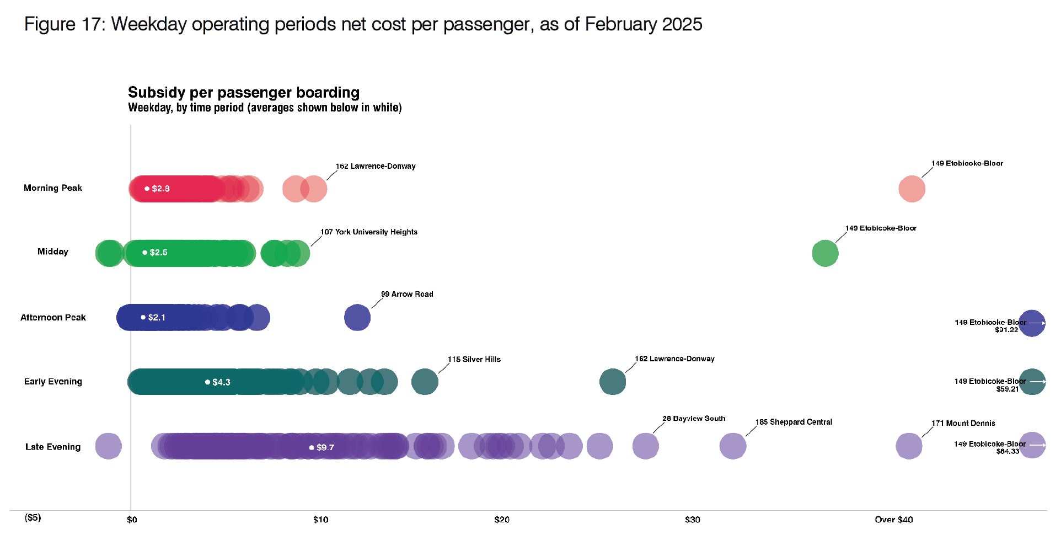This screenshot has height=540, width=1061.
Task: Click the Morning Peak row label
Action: [53, 188]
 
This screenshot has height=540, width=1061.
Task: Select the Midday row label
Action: [53, 252]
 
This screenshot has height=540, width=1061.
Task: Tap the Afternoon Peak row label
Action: [53, 318]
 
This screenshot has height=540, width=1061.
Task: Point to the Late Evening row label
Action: [53, 447]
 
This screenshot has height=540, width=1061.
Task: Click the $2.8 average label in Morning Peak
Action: [160, 189]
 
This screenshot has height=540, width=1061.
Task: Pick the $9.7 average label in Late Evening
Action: [325, 447]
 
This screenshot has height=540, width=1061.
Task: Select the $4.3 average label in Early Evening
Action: [221, 382]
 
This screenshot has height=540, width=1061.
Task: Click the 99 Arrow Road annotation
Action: [407, 294]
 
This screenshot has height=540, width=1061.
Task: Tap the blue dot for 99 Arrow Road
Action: [357, 318]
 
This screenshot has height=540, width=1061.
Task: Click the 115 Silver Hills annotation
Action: [474, 359]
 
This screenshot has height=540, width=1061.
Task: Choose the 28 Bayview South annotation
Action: [694, 419]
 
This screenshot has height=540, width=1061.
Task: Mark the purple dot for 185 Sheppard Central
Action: [733, 446]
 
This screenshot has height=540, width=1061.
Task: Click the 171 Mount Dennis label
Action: [963, 423]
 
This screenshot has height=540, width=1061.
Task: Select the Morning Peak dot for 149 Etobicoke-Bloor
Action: [912, 189]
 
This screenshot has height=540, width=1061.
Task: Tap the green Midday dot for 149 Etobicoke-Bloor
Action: [825, 254]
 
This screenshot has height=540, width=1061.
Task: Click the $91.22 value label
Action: [1006, 330]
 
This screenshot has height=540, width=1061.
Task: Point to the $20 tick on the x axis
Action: [502, 520]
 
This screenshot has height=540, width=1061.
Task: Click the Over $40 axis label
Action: [894, 520]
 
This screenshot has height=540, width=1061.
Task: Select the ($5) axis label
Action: [33, 517]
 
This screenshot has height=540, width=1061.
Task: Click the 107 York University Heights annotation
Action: [369, 232]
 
